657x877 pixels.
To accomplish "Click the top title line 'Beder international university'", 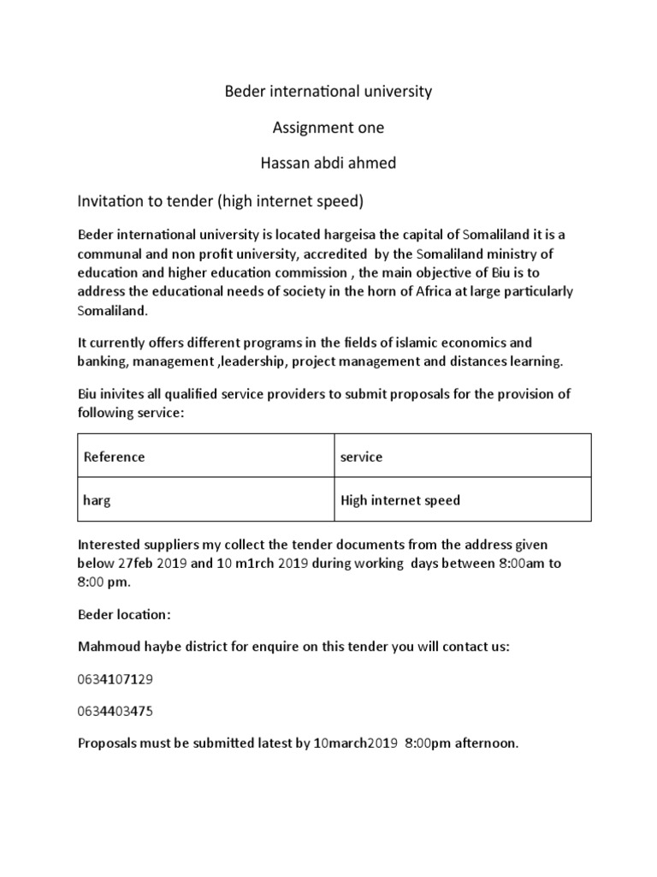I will tap(328, 91).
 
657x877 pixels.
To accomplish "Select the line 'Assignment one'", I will tap(328, 128).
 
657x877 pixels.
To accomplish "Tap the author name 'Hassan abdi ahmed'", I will tap(328, 163).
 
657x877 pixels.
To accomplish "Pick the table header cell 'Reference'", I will tap(115, 456).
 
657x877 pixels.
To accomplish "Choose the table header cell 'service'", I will tap(361, 456).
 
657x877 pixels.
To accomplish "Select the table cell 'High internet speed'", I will tap(400, 500).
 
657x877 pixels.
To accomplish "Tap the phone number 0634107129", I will tap(115, 678).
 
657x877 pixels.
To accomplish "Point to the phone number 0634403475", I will tap(115, 711).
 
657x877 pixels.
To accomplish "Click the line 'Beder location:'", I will tap(125, 615).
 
